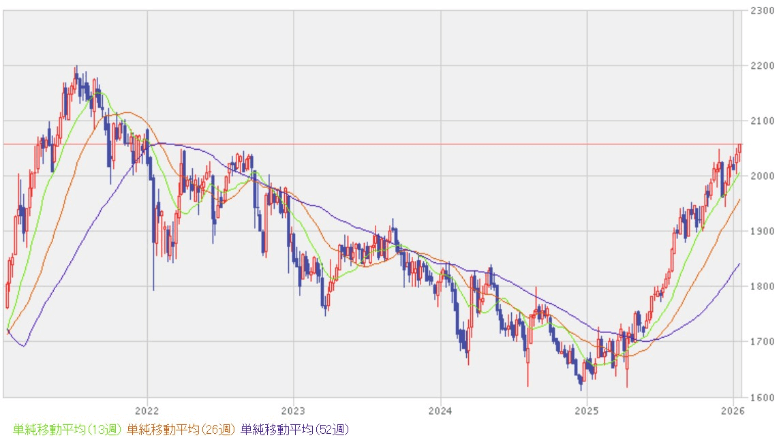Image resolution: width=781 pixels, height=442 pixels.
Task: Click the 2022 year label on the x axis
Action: [147, 411]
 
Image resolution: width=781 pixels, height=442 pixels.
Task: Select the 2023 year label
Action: [293, 411]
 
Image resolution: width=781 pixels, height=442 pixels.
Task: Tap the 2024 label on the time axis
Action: [440, 411]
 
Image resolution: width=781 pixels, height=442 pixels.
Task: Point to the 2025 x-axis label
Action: [586, 411]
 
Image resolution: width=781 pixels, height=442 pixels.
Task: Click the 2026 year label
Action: [733, 411]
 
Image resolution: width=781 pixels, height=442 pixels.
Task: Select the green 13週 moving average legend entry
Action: [67, 430]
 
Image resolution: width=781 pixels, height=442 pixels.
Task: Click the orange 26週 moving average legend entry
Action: [181, 430]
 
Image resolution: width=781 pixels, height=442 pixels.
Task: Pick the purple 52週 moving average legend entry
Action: [295, 430]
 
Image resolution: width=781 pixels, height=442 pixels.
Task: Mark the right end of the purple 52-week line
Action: [740, 264]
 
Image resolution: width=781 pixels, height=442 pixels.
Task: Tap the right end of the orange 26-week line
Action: [740, 200]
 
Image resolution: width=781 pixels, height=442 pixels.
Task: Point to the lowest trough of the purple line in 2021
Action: [24, 346]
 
